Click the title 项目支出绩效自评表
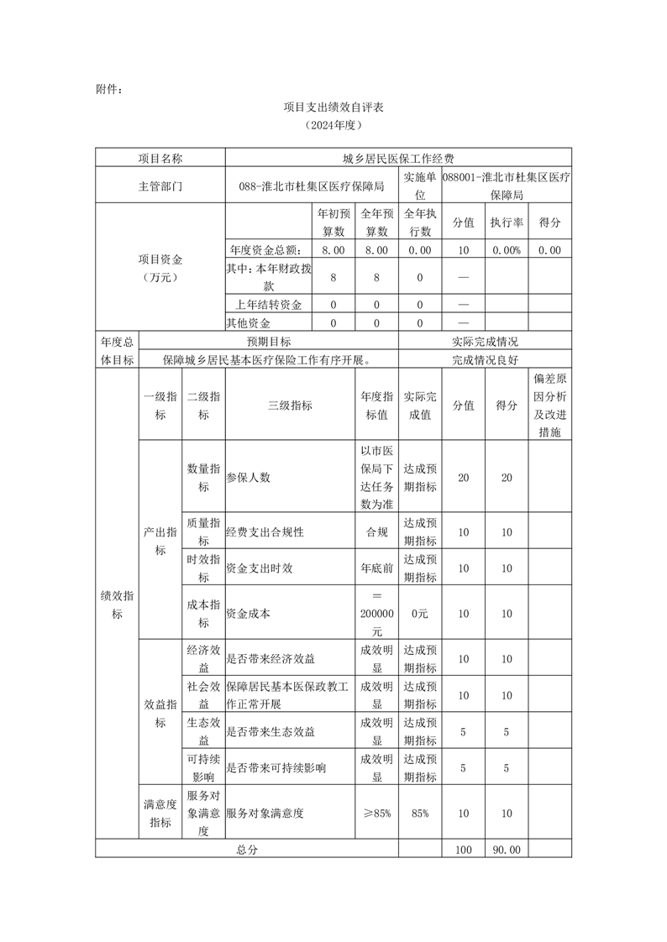pyautogui.click(x=333, y=107)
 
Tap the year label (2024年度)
pyautogui.click(x=333, y=125)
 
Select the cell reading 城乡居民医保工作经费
pyautogui.click(x=398, y=158)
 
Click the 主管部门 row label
pyautogui.click(x=160, y=186)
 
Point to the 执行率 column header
pyautogui.click(x=507, y=222)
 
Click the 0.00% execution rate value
pyautogui.click(x=507, y=250)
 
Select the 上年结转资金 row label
pyautogui.click(x=268, y=305)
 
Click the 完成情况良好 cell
pyautogui.click(x=485, y=360)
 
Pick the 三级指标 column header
pyautogui.click(x=290, y=405)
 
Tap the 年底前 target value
pyautogui.click(x=376, y=568)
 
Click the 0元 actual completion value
pyautogui.click(x=420, y=614)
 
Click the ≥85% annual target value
pyautogui.click(x=376, y=813)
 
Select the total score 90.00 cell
pyautogui.click(x=507, y=850)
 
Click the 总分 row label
pyautogui.click(x=246, y=850)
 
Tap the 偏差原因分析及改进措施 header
pyautogui.click(x=550, y=405)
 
